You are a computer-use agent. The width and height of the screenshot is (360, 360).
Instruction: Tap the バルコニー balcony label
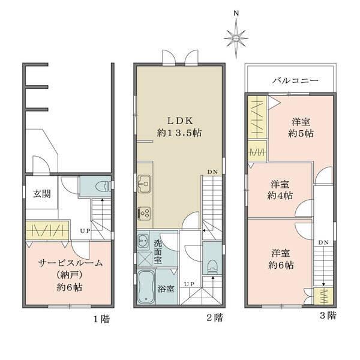[295, 80]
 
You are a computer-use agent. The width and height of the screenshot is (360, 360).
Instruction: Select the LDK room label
[180, 121]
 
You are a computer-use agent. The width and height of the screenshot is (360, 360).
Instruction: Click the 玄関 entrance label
[42, 194]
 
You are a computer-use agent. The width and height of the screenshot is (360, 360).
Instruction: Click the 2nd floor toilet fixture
[212, 267]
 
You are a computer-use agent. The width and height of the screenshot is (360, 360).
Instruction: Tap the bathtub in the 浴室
[146, 287]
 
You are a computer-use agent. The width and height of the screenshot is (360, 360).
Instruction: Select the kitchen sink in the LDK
[144, 184]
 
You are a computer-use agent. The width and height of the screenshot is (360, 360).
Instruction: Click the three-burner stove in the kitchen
[144, 214]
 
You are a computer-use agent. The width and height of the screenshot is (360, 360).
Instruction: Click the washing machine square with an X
[145, 259]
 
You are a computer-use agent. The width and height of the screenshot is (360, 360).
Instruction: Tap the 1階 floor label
[101, 319]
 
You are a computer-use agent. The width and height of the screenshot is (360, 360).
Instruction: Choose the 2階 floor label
[215, 318]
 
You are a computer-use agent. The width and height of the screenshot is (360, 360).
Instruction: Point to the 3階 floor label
[328, 316]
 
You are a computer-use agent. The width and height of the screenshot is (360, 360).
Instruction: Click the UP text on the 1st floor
[85, 231]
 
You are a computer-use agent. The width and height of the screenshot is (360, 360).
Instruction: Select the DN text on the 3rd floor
[323, 242]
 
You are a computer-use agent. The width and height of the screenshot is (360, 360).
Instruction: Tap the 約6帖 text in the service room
[70, 287]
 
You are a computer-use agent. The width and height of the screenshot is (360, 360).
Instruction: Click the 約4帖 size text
[280, 196]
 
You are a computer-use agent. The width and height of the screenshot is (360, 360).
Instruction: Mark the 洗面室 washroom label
[158, 251]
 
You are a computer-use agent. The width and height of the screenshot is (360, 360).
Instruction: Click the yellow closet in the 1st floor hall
[48, 230]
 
